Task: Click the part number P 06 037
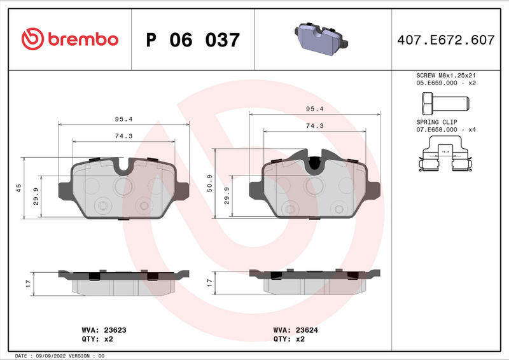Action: coord(193,40)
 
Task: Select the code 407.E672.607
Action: coord(445,40)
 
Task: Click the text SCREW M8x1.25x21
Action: coord(445,74)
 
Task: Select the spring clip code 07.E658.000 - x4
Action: coord(446,129)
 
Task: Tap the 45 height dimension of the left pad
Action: coord(18,188)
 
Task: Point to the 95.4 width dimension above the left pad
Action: coord(123,119)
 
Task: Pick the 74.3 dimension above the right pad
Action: coord(314,127)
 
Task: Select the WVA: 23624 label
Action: coord(295,330)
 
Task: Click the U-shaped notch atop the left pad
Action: coord(123,167)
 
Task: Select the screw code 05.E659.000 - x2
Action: coord(446,83)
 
